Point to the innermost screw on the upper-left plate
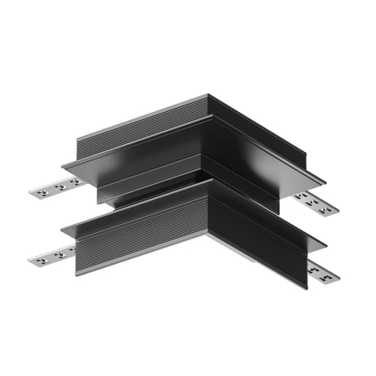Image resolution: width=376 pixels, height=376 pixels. point(71,184)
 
